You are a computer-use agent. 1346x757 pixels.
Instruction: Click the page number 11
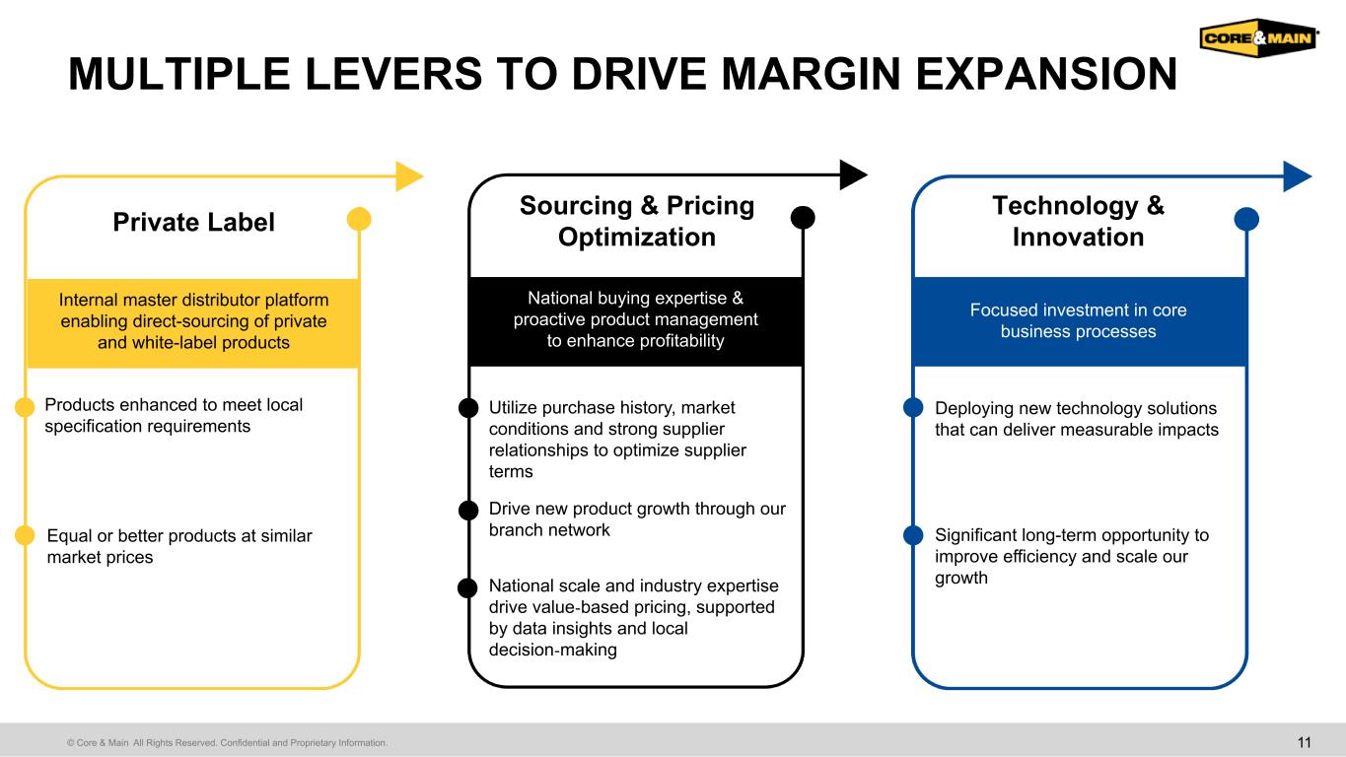(1304, 742)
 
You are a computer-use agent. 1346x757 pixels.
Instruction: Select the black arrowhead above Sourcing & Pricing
(853, 174)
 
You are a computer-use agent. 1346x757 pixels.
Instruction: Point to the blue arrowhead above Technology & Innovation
(1298, 176)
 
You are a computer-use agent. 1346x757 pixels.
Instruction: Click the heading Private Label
(193, 222)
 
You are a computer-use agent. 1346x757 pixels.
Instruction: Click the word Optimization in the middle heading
(637, 237)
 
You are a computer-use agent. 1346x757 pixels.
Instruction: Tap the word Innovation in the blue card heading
(1078, 237)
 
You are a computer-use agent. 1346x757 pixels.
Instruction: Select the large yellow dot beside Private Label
(359, 219)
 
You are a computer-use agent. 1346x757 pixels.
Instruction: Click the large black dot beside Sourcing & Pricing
(803, 218)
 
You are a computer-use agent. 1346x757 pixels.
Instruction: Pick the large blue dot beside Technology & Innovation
(1246, 219)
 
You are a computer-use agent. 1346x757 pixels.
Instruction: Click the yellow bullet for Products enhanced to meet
(25, 407)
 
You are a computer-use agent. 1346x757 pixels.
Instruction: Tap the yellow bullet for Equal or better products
(25, 534)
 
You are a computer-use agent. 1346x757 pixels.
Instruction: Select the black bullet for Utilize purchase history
(468, 408)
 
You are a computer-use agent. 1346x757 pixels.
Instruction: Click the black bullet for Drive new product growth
(468, 510)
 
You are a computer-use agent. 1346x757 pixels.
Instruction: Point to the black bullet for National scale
(467, 587)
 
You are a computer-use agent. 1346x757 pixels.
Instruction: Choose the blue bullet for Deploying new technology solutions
(913, 407)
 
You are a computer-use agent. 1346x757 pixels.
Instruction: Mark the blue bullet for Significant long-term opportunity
(913, 534)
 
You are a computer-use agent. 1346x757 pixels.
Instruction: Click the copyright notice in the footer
(227, 742)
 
